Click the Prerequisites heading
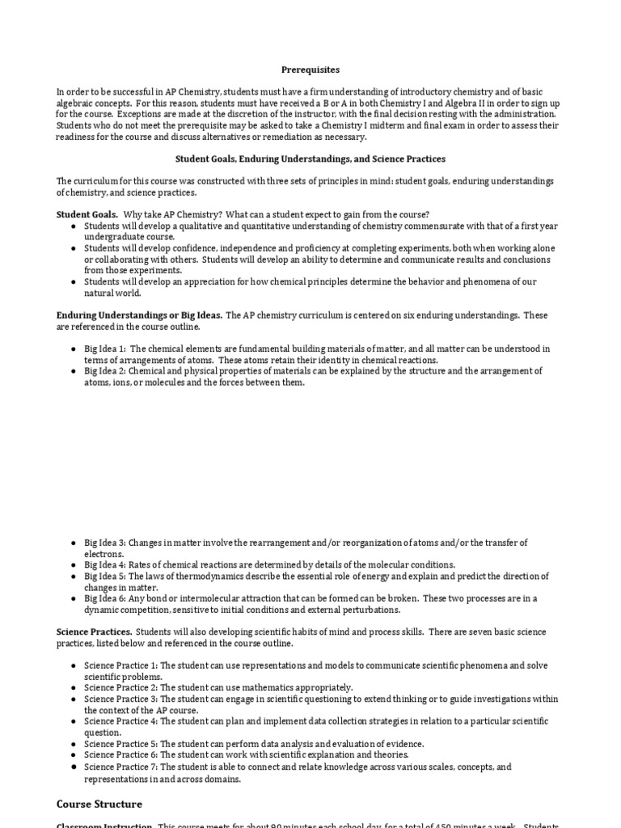coord(310,70)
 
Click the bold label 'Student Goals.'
coord(87,213)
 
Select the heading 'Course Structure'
coord(99,804)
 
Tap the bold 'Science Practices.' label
coord(94,631)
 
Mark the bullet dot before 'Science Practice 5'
coord(74,744)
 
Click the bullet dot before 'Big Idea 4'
coord(74,564)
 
